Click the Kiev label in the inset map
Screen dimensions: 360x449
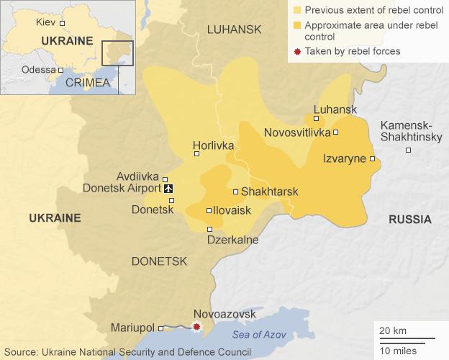coord(45,23)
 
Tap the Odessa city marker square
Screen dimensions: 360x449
coord(60,70)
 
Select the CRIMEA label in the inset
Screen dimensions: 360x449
coord(87,83)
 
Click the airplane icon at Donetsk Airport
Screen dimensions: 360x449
coord(170,189)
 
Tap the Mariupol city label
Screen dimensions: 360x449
coord(133,328)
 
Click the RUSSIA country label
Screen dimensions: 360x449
coord(409,220)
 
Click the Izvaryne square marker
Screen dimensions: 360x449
coord(373,159)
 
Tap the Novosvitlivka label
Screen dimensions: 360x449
coord(297,132)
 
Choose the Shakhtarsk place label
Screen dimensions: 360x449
coord(269,192)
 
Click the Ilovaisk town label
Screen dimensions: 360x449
coord(232,210)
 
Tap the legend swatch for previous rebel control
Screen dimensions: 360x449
coord(297,12)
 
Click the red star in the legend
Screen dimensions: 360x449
coord(297,51)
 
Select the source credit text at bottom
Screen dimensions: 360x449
coord(127,352)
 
